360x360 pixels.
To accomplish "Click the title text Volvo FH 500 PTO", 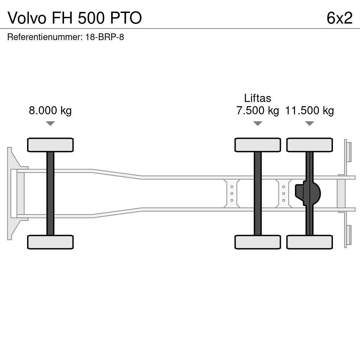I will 75,18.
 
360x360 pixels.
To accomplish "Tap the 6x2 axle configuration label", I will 339,18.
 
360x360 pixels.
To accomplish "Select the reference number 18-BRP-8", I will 104,37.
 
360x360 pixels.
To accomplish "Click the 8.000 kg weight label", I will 50,111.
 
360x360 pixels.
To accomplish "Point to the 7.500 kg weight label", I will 257,111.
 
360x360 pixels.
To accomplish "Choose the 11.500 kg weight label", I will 309,111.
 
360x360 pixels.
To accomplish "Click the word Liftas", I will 257,98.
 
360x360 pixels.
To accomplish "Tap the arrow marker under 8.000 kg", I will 50,123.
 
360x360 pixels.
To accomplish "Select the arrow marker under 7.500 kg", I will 258,123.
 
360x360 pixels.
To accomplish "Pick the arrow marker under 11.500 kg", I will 309,123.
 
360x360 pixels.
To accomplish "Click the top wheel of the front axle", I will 50,145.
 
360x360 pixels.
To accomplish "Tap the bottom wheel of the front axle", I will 50,242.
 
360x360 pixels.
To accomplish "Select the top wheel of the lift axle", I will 258,145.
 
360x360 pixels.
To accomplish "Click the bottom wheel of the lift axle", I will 258,242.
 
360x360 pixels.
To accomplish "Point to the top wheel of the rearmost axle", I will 309,145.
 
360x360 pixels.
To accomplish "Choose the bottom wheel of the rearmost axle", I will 309,242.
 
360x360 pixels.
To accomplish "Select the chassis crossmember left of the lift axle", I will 232,193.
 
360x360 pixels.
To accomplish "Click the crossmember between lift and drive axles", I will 283,193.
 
